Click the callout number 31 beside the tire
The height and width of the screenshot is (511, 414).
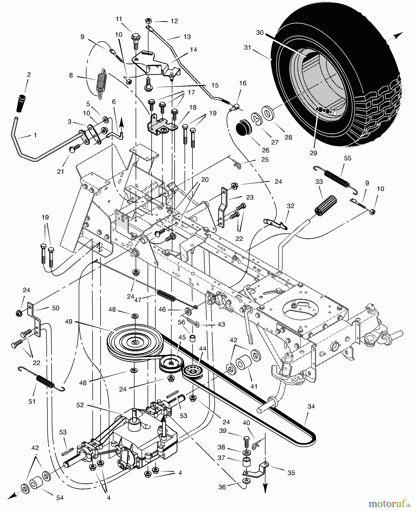[x=248, y=47]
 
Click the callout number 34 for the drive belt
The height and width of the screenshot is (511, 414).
[x=311, y=407]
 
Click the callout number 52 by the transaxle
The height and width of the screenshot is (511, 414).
[x=80, y=405]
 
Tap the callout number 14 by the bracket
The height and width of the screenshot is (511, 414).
[x=193, y=50]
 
